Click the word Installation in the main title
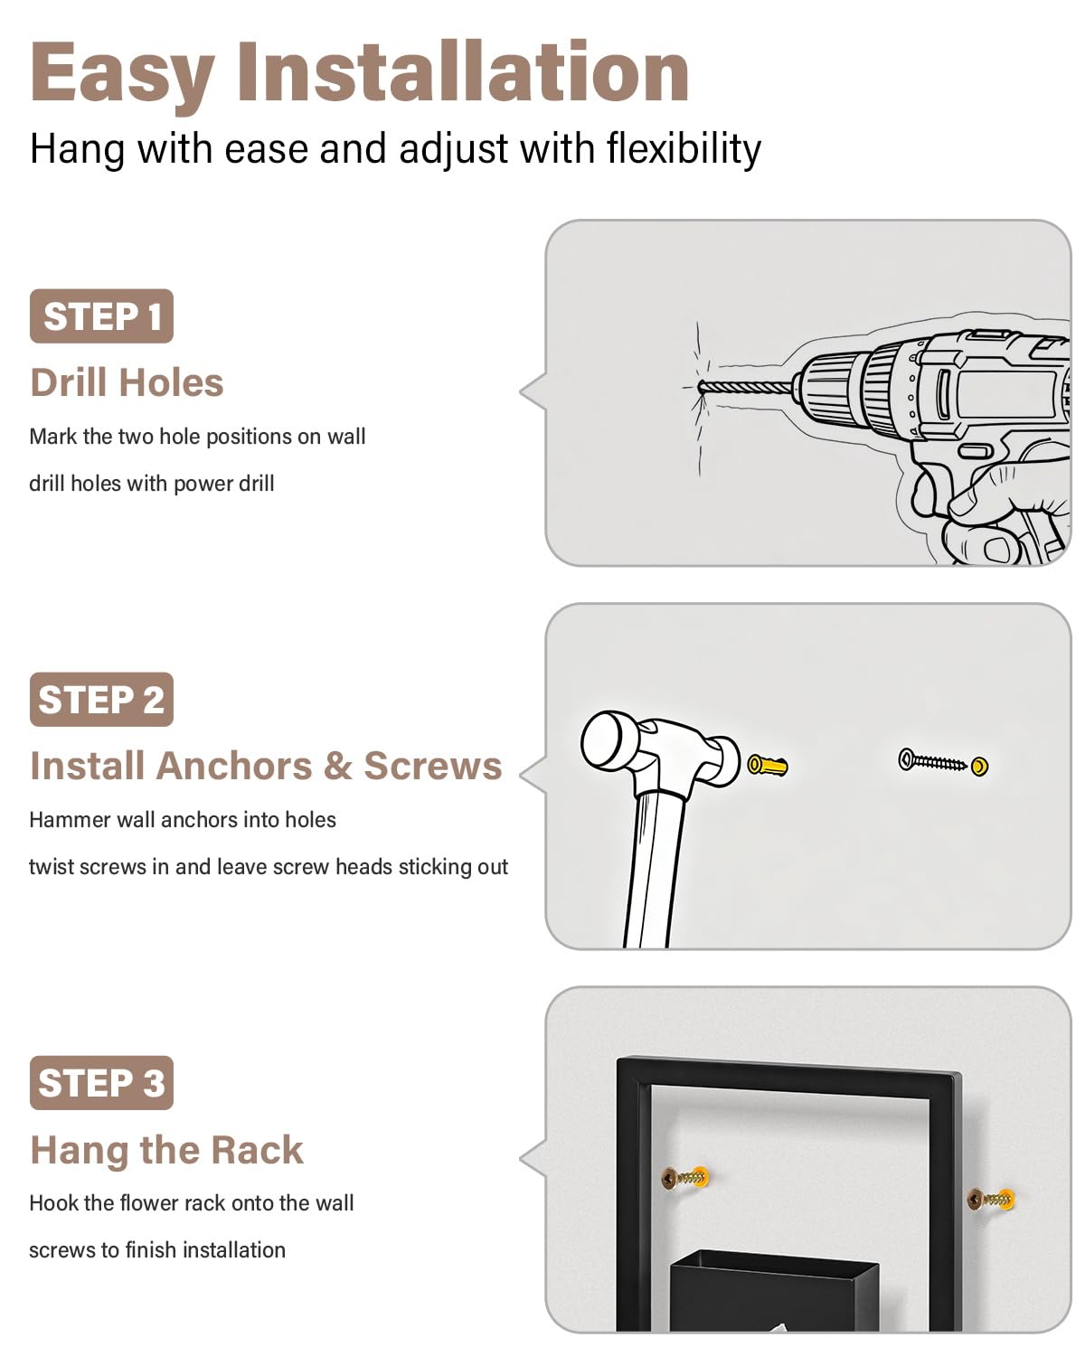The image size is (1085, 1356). tap(463, 71)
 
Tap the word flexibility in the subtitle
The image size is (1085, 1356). tap(684, 149)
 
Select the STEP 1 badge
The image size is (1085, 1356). tap(101, 315)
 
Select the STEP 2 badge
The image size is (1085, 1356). tap(101, 699)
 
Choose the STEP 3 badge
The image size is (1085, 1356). tap(101, 1082)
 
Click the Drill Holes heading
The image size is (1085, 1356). tap(127, 382)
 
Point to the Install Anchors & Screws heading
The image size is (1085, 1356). tap(266, 766)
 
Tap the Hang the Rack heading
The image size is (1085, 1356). tap(167, 1150)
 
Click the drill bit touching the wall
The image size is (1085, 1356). tap(745, 387)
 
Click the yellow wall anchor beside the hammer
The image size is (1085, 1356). tap(768, 765)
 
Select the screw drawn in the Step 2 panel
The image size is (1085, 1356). tap(932, 761)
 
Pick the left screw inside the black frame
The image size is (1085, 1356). tap(684, 1176)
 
